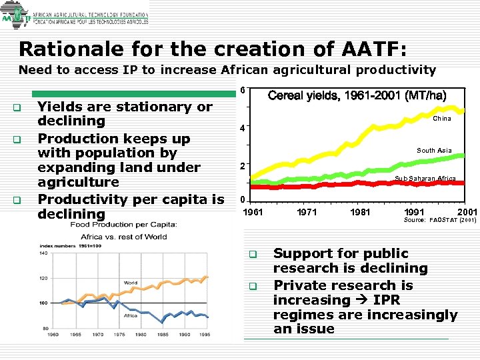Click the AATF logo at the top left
[x=15, y=17]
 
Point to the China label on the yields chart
[x=441, y=118]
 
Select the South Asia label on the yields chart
[x=434, y=151]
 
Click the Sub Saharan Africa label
[x=425, y=179]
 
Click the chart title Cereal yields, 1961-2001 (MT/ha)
[x=357, y=95]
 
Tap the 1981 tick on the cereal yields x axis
[x=360, y=212]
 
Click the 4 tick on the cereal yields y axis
[x=243, y=127]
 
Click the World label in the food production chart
[x=130, y=283]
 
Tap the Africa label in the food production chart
[x=131, y=315]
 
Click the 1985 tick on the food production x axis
[x=162, y=334]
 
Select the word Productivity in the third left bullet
[x=81, y=199]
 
